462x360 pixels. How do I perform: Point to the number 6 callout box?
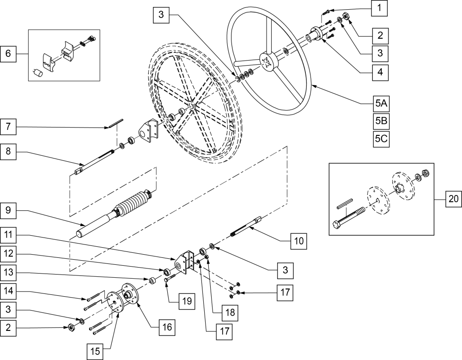coord(7,54)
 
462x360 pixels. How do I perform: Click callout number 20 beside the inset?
coord(453,200)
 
